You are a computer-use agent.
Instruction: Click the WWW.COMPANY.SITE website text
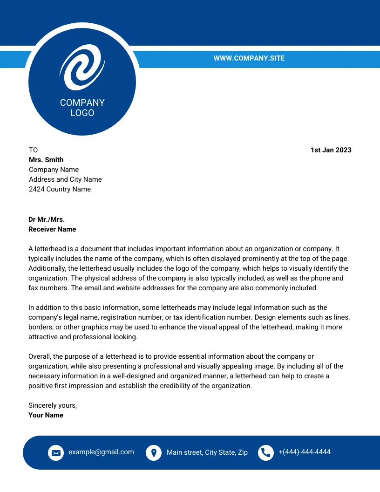(x=249, y=58)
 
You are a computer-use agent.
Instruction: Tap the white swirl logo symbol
(x=82, y=67)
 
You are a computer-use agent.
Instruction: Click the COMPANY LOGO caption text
(x=82, y=108)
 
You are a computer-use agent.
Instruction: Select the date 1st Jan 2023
(x=331, y=150)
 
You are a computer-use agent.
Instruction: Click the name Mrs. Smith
(x=46, y=160)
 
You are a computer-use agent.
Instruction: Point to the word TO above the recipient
(x=33, y=150)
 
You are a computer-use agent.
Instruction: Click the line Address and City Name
(x=65, y=179)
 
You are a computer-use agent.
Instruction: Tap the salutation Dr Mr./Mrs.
(x=47, y=219)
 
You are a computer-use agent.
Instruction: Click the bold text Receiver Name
(x=52, y=229)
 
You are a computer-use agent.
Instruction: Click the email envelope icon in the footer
(x=56, y=452)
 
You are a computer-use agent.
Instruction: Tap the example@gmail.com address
(x=101, y=452)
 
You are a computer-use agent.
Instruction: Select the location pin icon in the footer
(x=154, y=452)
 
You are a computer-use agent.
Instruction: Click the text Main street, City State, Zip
(x=207, y=452)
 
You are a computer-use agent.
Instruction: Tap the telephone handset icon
(x=266, y=452)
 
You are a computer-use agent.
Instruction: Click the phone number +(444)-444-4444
(x=305, y=452)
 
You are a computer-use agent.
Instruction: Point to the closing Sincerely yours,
(x=53, y=405)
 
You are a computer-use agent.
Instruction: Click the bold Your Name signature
(x=46, y=415)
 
